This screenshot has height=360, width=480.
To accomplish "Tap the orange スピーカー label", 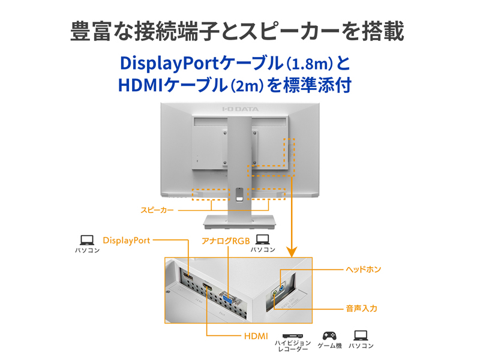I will point(157,210).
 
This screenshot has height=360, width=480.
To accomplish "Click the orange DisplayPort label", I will point(126,240).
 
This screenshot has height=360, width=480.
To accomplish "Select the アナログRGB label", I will point(225,241).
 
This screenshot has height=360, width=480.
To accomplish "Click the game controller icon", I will point(329,335).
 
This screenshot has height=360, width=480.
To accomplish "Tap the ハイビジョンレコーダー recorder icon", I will point(292,335).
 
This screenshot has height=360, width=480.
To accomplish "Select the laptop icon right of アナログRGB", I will point(263,239).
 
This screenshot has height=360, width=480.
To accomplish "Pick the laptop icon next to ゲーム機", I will point(361,335).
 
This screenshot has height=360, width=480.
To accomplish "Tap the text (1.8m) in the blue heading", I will point(305,64).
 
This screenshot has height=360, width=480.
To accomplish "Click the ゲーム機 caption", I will point(329,346).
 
